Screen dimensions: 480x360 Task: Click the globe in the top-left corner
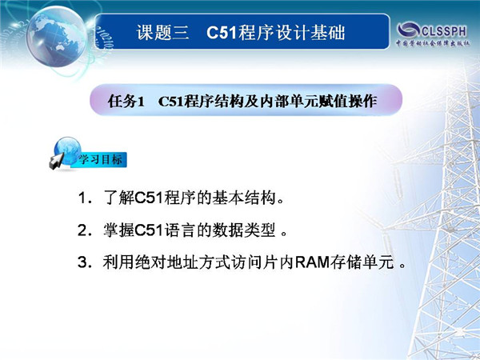click(x=57, y=36)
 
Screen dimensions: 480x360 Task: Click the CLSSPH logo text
click(x=444, y=31)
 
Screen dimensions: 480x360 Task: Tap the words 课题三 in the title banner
click(x=163, y=33)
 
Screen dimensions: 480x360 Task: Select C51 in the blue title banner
click(x=222, y=33)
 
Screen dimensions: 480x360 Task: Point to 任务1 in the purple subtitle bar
click(x=126, y=101)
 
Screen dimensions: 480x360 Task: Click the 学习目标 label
click(x=101, y=159)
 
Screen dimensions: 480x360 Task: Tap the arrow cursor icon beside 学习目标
click(x=57, y=162)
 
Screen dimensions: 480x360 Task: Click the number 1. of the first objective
click(x=85, y=198)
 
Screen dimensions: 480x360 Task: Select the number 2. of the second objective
click(x=85, y=230)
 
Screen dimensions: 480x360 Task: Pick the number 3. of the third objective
click(x=85, y=262)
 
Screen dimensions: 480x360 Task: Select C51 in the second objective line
click(x=149, y=230)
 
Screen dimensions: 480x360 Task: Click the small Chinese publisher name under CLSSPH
click(x=433, y=43)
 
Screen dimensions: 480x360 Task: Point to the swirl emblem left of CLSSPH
click(x=409, y=30)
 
